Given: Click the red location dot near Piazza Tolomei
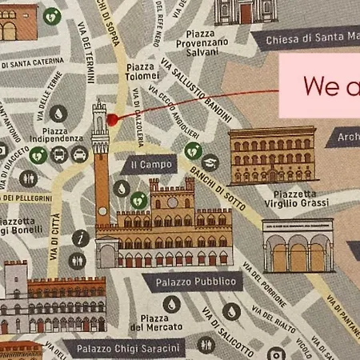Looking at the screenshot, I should pyautogui.click(x=112, y=119).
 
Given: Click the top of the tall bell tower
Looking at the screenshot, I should pyautogui.click(x=99, y=105).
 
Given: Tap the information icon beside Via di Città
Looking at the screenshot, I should pyautogui.click(x=80, y=238).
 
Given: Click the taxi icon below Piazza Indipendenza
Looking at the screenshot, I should pyautogui.click(x=78, y=154).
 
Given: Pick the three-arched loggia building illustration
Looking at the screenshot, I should pyautogui.click(x=298, y=247).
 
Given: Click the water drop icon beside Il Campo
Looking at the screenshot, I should pyautogui.click(x=121, y=188).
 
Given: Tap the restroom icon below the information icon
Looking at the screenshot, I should pyautogui.click(x=78, y=261).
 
